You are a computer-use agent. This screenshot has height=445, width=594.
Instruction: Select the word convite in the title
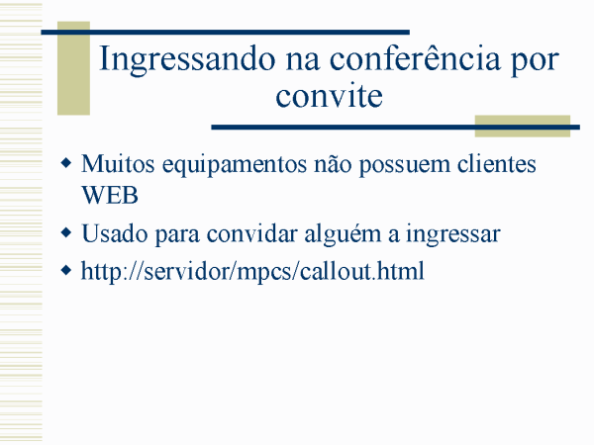tap(329, 95)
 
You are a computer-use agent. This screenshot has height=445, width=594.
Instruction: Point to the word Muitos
tap(118, 164)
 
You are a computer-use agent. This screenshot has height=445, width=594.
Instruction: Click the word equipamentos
tap(235, 166)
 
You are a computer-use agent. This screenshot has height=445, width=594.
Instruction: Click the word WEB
tap(110, 195)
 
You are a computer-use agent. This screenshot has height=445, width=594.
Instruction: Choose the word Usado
tap(115, 233)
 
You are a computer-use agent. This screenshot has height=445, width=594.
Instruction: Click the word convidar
tap(251, 233)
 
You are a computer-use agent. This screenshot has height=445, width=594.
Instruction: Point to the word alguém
tap(343, 235)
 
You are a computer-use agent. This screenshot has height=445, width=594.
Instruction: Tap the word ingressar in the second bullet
tap(453, 235)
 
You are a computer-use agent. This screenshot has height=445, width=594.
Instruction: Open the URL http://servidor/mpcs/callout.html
tap(252, 272)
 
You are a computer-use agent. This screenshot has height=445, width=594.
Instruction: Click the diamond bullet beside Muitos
tap(66, 163)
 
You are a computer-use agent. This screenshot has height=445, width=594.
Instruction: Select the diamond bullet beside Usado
tap(66, 232)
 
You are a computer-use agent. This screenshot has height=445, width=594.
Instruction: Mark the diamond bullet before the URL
tap(66, 270)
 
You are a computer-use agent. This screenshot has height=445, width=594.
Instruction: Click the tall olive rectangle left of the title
tap(73, 68)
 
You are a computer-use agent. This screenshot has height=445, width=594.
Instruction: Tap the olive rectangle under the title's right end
tap(523, 126)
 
